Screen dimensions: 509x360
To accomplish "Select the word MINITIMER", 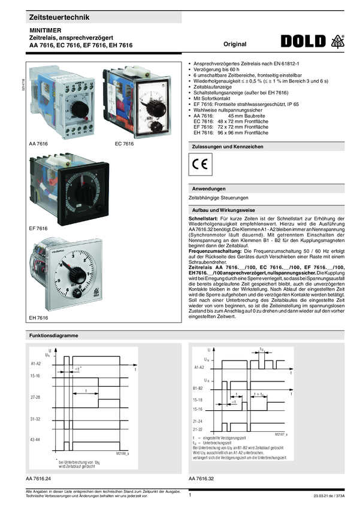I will (x=46, y=29).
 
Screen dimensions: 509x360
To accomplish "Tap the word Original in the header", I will (x=235, y=44).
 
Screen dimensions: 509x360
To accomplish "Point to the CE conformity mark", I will (x=200, y=163).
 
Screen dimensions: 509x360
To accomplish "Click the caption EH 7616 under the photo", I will (x=38, y=317).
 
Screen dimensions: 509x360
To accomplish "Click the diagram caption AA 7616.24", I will (x=38, y=480).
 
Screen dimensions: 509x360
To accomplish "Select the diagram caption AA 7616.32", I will (x=201, y=480).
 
